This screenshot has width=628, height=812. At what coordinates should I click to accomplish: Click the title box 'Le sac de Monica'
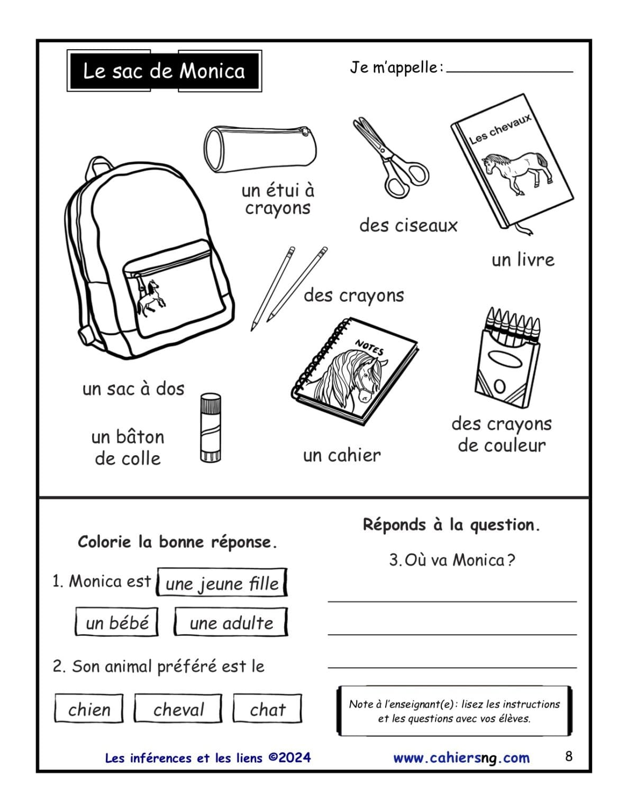click(164, 71)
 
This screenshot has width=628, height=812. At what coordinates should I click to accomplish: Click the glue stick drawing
click(210, 428)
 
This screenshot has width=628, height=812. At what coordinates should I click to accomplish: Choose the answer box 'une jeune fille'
click(222, 583)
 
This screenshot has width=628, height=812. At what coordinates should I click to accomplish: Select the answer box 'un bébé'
click(117, 622)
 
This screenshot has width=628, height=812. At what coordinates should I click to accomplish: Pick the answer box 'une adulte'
click(231, 622)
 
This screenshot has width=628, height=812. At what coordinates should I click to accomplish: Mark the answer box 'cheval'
click(178, 709)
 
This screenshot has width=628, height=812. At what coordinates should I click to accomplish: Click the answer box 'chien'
click(89, 709)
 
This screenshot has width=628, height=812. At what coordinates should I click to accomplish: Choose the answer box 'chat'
click(267, 709)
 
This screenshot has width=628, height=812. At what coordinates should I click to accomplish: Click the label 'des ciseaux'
click(408, 225)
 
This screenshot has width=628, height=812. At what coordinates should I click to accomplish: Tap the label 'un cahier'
click(341, 455)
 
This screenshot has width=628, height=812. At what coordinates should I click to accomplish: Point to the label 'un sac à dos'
click(133, 389)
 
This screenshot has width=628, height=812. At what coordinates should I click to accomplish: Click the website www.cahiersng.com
click(461, 758)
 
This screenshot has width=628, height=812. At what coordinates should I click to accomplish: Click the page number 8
click(569, 756)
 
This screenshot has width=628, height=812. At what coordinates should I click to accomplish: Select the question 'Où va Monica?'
click(452, 560)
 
